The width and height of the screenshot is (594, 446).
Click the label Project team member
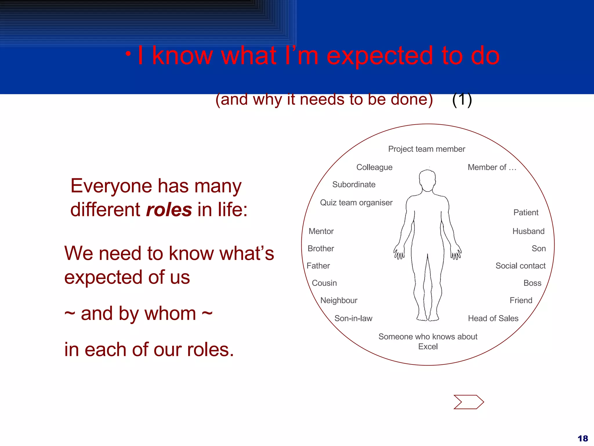(426, 149)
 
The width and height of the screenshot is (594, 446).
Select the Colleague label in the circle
(374, 167)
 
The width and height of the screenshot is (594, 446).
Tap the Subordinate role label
(354, 184)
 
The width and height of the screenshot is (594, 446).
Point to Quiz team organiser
(356, 202)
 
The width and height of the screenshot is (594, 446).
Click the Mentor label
(321, 231)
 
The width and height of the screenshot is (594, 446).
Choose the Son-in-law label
(353, 318)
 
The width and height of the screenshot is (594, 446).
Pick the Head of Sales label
(493, 318)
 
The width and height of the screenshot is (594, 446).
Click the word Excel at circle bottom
(428, 346)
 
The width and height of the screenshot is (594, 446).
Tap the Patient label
(526, 213)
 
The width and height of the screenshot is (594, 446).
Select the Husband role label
(528, 231)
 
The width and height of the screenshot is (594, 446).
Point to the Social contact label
(520, 266)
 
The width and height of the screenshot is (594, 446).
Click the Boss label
(532, 283)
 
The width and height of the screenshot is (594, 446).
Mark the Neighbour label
(338, 300)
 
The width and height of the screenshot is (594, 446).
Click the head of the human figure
(427, 180)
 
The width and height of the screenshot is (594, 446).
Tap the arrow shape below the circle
(468, 402)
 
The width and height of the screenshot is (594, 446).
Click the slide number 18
(582, 438)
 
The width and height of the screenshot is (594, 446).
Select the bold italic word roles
(169, 210)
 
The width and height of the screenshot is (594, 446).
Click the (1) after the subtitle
(462, 99)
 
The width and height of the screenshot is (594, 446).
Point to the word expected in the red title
(380, 56)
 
